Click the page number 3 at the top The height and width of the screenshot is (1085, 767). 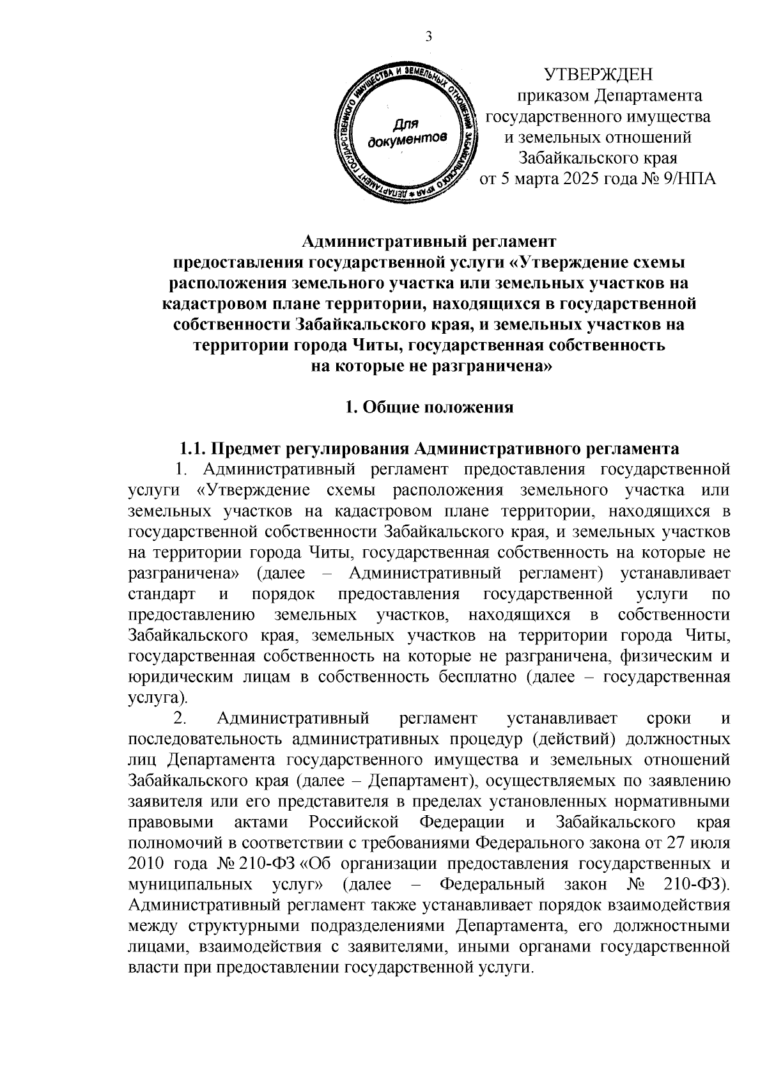429,37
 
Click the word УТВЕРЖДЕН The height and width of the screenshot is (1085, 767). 598,75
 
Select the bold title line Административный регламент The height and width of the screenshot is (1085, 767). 429,242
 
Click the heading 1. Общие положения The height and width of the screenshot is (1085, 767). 429,407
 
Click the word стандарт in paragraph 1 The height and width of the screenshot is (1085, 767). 161,594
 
